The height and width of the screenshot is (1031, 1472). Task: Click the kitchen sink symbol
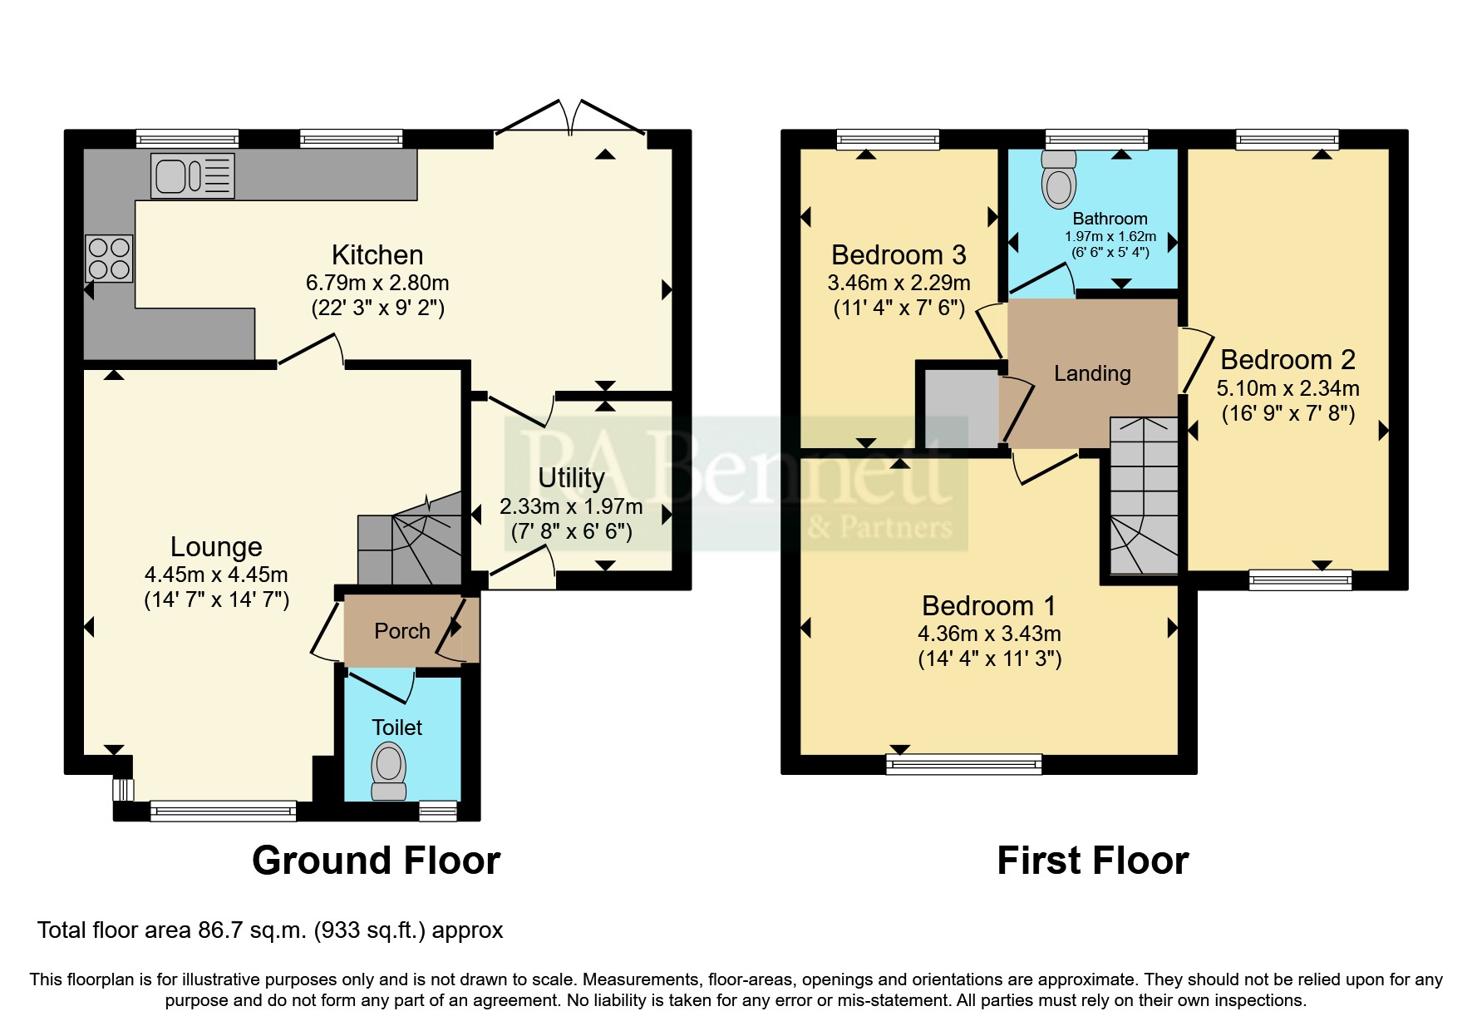pos(192,176)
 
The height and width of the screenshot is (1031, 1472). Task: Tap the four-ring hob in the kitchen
pos(109,259)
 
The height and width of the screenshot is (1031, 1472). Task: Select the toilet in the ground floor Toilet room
pos(389,771)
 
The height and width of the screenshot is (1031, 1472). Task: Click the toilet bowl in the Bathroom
pos(1058,182)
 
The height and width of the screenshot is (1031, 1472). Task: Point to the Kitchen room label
pos(377,254)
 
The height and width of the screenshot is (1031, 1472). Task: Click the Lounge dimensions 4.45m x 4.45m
pos(216,575)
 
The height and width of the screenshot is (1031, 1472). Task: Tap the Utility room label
pos(571,478)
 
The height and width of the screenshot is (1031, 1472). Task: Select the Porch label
pos(402,631)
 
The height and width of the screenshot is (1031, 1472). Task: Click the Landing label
pos(1092,373)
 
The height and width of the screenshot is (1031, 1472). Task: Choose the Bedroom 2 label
pos(1287,360)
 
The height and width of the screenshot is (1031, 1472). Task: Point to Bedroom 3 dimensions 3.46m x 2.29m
pos(898,283)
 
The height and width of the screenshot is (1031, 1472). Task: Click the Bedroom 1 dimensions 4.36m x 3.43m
pos(989,634)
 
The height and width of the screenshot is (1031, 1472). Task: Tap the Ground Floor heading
pos(376,861)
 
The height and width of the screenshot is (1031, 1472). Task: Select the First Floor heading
pos(1092,861)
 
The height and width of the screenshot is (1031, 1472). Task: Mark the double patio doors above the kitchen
pos(570,118)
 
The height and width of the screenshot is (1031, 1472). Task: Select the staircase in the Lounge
pos(410,540)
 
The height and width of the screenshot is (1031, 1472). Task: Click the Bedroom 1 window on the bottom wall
pos(964,763)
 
